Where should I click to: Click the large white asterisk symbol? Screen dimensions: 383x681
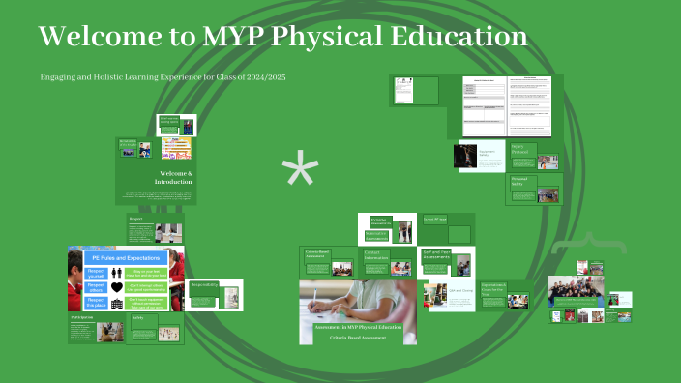click(300, 173)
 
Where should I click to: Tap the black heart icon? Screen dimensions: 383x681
click(117, 287)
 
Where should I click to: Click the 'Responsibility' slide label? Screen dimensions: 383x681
click(204, 285)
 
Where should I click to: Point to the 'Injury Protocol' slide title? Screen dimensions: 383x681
click(523, 149)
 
